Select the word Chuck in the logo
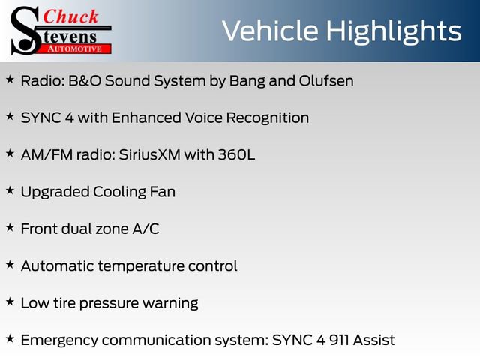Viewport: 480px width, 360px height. (x=71, y=16)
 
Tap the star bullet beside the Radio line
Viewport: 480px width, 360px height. (x=10, y=79)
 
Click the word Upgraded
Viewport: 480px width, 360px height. (x=55, y=192)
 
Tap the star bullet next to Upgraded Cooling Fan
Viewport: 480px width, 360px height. (x=10, y=190)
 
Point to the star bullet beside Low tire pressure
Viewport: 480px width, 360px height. (x=10, y=301)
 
